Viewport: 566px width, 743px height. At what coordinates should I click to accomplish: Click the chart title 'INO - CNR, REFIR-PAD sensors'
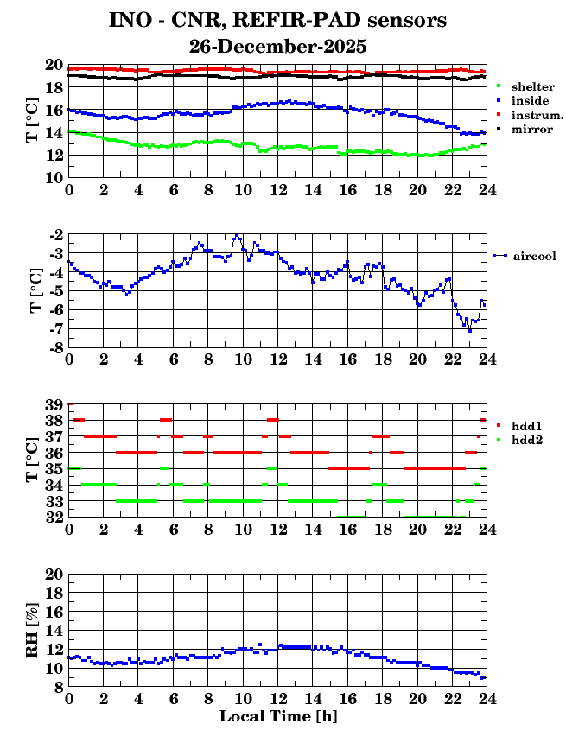pos(277,19)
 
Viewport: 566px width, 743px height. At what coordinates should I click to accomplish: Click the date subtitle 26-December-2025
pos(277,46)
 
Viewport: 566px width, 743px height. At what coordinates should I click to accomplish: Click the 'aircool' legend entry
pos(534,256)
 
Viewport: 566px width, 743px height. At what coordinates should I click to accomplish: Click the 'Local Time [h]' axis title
pos(277,716)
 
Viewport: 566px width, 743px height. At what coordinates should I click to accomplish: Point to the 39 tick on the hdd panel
pos(54,404)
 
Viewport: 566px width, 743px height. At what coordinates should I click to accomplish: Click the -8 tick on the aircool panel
pos(54,347)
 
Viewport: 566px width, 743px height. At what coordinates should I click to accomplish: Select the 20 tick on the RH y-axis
pos(54,574)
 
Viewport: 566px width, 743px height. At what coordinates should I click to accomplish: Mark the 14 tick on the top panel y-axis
pos(54,132)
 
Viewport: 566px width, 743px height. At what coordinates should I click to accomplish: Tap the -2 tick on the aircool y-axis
pos(55,234)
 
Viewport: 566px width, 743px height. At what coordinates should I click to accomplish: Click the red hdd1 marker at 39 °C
pos(69,403)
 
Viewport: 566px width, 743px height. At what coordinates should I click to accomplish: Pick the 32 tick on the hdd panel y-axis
pos(54,517)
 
